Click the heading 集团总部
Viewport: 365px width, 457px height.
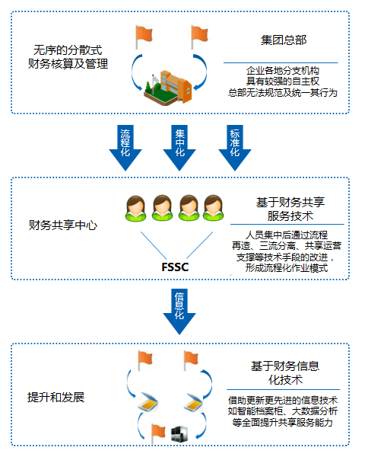point(284,40)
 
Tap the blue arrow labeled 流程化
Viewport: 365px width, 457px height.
point(125,148)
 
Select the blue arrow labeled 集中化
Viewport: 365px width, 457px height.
point(179,148)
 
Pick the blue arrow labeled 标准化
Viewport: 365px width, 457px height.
point(235,148)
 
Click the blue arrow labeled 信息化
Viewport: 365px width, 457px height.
point(179,312)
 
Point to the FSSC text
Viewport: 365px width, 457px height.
point(175,267)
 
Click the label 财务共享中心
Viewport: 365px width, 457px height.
point(63,225)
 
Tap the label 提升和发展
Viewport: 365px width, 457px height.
point(56,398)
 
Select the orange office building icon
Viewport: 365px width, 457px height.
point(168,87)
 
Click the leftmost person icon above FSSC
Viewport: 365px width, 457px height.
point(135,209)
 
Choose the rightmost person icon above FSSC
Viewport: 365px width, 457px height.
point(214,208)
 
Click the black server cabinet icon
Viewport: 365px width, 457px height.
point(179,434)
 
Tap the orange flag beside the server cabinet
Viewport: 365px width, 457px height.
point(158,433)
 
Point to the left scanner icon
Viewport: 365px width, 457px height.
point(148,402)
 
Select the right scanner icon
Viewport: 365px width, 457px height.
point(193,402)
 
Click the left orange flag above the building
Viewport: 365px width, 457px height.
point(144,37)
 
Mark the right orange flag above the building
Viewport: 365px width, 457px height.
point(199,37)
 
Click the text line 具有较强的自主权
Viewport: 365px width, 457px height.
point(283,81)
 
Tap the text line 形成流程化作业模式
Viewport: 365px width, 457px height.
point(287,268)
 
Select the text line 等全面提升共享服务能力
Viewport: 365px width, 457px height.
point(283,422)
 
